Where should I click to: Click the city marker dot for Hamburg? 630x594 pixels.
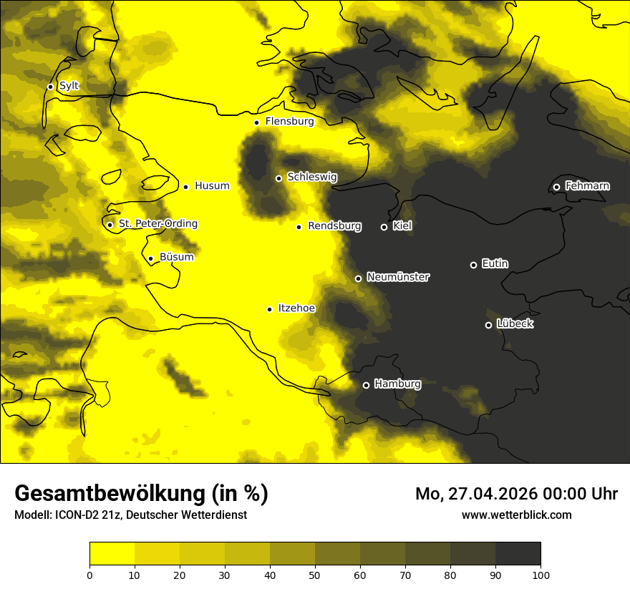click(x=366, y=385)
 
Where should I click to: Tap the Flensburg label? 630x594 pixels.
click(x=289, y=122)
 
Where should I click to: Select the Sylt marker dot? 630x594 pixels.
click(x=50, y=87)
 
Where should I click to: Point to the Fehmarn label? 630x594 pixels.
click(x=587, y=186)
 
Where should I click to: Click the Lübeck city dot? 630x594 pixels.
click(x=488, y=325)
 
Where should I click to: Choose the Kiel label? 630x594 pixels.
click(x=402, y=226)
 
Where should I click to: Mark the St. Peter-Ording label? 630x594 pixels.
click(x=157, y=224)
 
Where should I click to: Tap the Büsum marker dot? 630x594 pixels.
click(x=150, y=258)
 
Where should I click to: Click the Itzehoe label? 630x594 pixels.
click(x=296, y=308)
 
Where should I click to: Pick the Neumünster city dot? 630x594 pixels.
click(x=358, y=278)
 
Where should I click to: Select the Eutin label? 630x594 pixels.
click(x=495, y=264)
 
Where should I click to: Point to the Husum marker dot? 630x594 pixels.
click(x=185, y=187)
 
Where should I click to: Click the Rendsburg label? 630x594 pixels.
click(x=334, y=226)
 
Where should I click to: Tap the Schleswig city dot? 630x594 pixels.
click(x=278, y=178)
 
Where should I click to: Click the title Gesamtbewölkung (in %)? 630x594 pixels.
click(x=141, y=494)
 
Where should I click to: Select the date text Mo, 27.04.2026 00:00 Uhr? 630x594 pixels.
click(x=516, y=494)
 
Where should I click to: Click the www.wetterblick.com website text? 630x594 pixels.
click(x=516, y=515)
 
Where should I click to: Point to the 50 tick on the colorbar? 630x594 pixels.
click(x=315, y=575)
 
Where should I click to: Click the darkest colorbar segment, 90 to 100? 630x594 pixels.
click(x=518, y=553)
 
